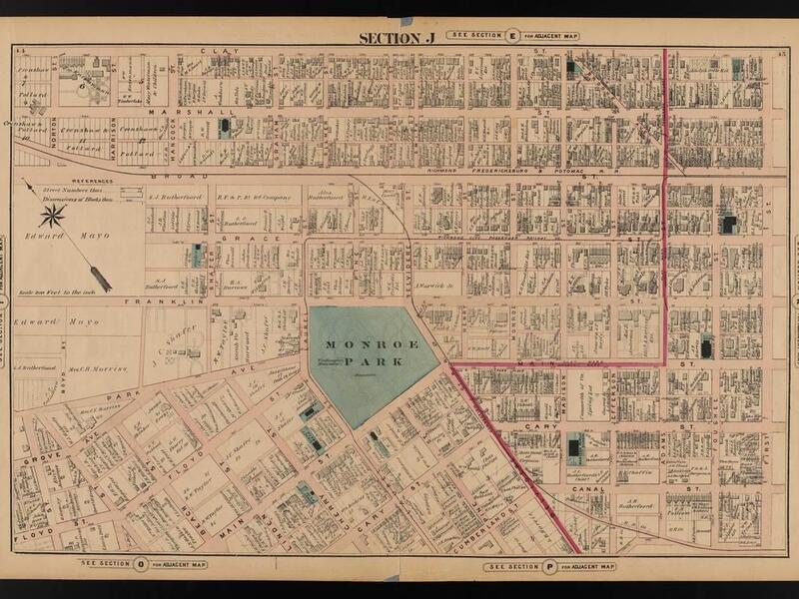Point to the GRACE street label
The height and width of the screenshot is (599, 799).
[x=236, y=240]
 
